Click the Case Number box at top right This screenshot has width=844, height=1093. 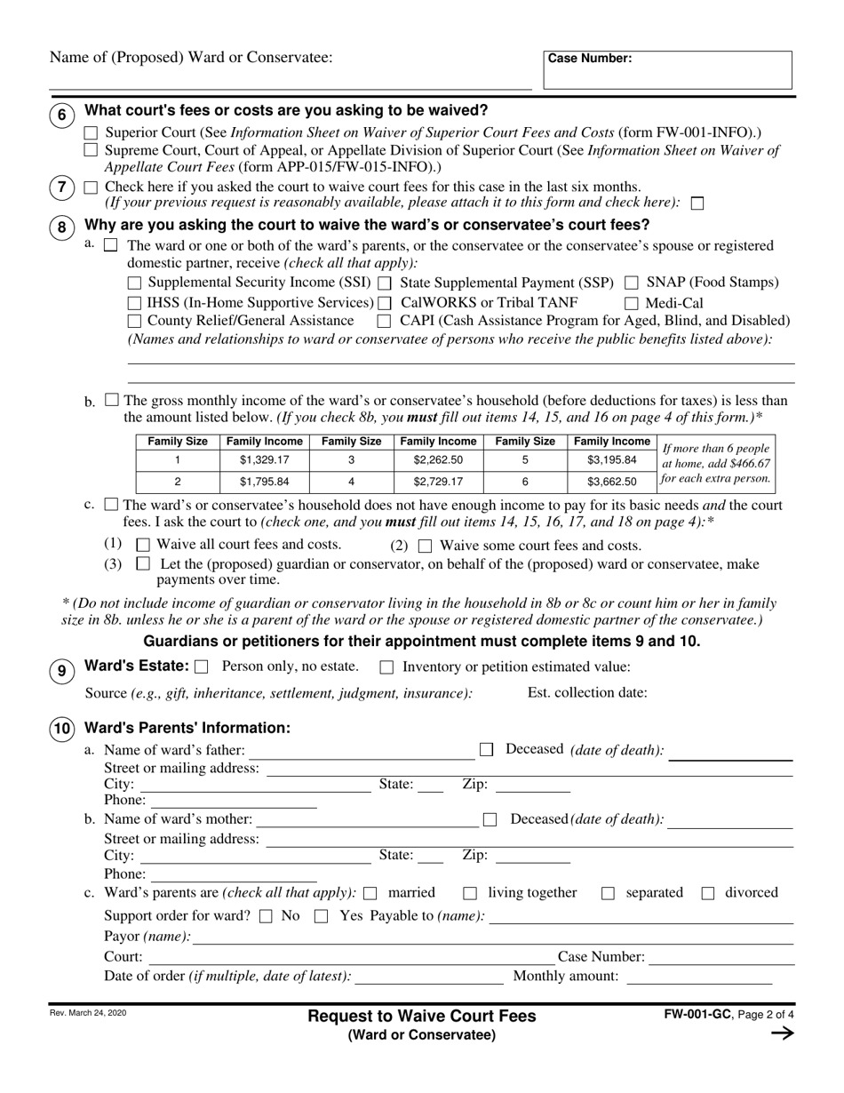pos(667,70)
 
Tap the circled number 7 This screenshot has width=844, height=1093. pos(61,187)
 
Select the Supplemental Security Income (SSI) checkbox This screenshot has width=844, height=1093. pos(135,283)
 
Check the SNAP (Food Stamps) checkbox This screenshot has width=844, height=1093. pos(631,283)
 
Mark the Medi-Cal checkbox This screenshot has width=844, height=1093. pos(631,303)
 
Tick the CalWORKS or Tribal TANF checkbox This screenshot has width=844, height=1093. pos(385,303)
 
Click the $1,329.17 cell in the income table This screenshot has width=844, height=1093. pos(264,460)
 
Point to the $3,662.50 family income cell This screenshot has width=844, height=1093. pos(611,482)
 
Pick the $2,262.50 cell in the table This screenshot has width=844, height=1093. pos(438,460)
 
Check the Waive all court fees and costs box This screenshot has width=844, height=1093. pos(142,546)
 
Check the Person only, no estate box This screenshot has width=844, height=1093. pos(202,666)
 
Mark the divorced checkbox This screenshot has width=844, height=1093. pos(708,894)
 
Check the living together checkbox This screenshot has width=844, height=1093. pos(471,894)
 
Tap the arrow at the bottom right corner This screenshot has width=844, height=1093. pos(782,1033)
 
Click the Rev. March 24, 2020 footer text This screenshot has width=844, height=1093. pos(88,1012)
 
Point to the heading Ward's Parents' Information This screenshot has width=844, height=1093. pos(187,728)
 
